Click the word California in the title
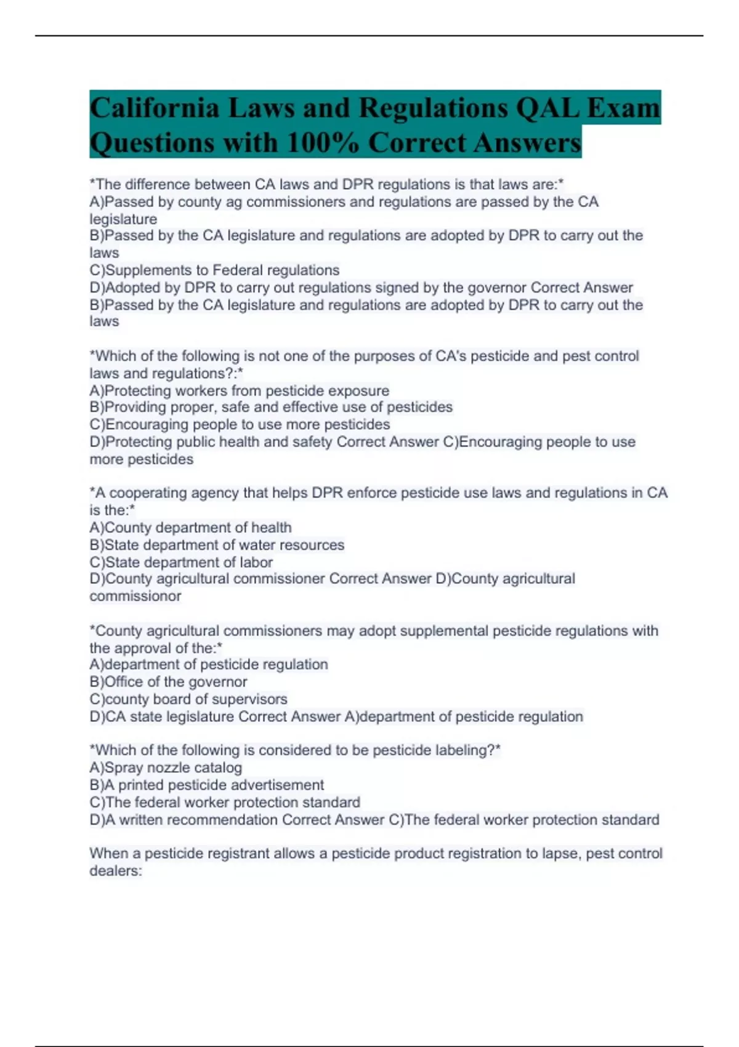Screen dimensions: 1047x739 tap(155, 108)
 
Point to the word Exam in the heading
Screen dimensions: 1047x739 tap(623, 108)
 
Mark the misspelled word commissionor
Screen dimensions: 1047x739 tap(135, 596)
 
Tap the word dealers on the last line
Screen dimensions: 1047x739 tap(115, 871)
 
